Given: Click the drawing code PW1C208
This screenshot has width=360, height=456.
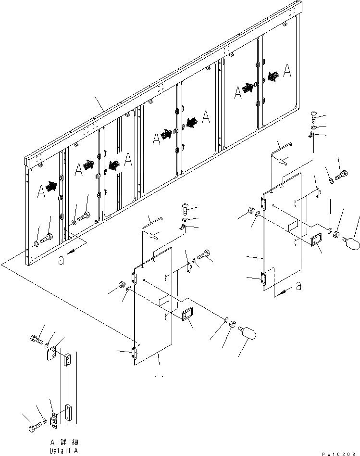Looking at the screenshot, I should pos(339,447).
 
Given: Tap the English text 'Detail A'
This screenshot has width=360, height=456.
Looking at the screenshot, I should pos(64,451).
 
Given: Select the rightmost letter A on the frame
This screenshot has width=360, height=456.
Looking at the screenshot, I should pos(286,71).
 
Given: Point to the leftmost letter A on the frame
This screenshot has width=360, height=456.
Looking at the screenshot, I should pos(41,191).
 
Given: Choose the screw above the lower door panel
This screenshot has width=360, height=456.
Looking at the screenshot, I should pos(186,208).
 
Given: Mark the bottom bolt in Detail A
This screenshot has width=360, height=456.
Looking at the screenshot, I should pos(34,426).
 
